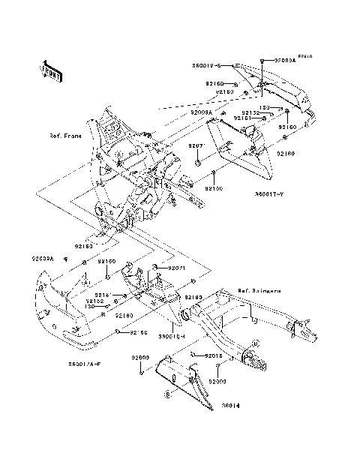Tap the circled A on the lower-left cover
tap(86, 285)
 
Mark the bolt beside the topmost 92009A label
tap(261, 59)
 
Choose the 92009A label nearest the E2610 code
tap(285, 59)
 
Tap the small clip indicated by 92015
tap(194, 352)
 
